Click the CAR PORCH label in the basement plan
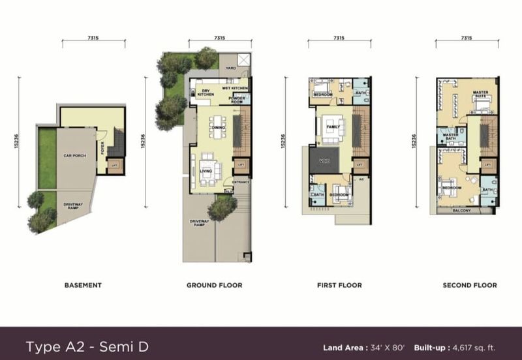pyautogui.click(x=75, y=156)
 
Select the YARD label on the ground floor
pyautogui.click(x=230, y=67)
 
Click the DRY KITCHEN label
pyautogui.click(x=206, y=93)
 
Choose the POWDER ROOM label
pyautogui.click(x=236, y=99)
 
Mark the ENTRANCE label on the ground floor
pyautogui.click(x=241, y=183)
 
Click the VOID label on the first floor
pyautogui.click(x=324, y=160)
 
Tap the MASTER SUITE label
pyautogui.click(x=480, y=95)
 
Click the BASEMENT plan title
pyautogui.click(x=83, y=285)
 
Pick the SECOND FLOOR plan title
pyautogui.click(x=470, y=285)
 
